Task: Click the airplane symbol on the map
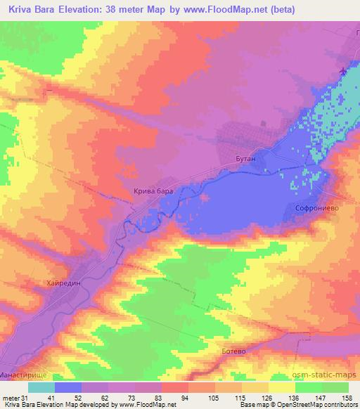[342, 72]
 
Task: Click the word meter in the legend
[11, 397]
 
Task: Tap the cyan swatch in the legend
[41, 387]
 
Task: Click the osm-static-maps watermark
[328, 376]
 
